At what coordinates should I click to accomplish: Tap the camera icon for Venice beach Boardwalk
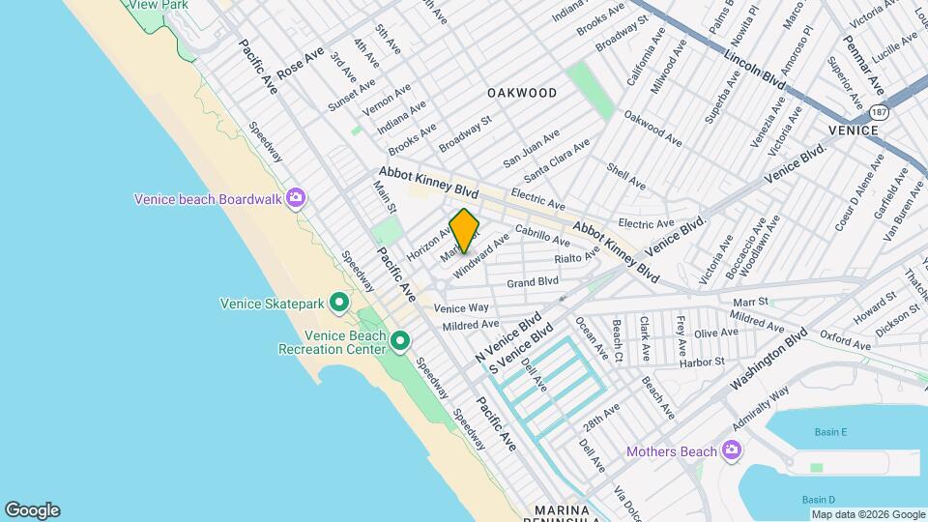[x=296, y=199]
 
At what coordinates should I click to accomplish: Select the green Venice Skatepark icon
[x=339, y=304]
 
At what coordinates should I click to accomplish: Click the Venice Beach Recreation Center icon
[x=399, y=341]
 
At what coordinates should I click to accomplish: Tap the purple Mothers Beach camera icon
[x=732, y=450]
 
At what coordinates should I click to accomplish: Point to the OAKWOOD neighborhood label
[x=522, y=93]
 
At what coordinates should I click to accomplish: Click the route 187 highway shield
[x=878, y=112]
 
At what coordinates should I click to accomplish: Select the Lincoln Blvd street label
[x=755, y=66]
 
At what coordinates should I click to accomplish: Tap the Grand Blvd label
[x=533, y=282]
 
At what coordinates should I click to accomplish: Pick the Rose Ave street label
[x=301, y=64]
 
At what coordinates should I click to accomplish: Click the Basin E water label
[x=830, y=431]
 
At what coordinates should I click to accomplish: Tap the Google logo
[x=32, y=510]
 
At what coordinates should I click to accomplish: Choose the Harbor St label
[x=702, y=362]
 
